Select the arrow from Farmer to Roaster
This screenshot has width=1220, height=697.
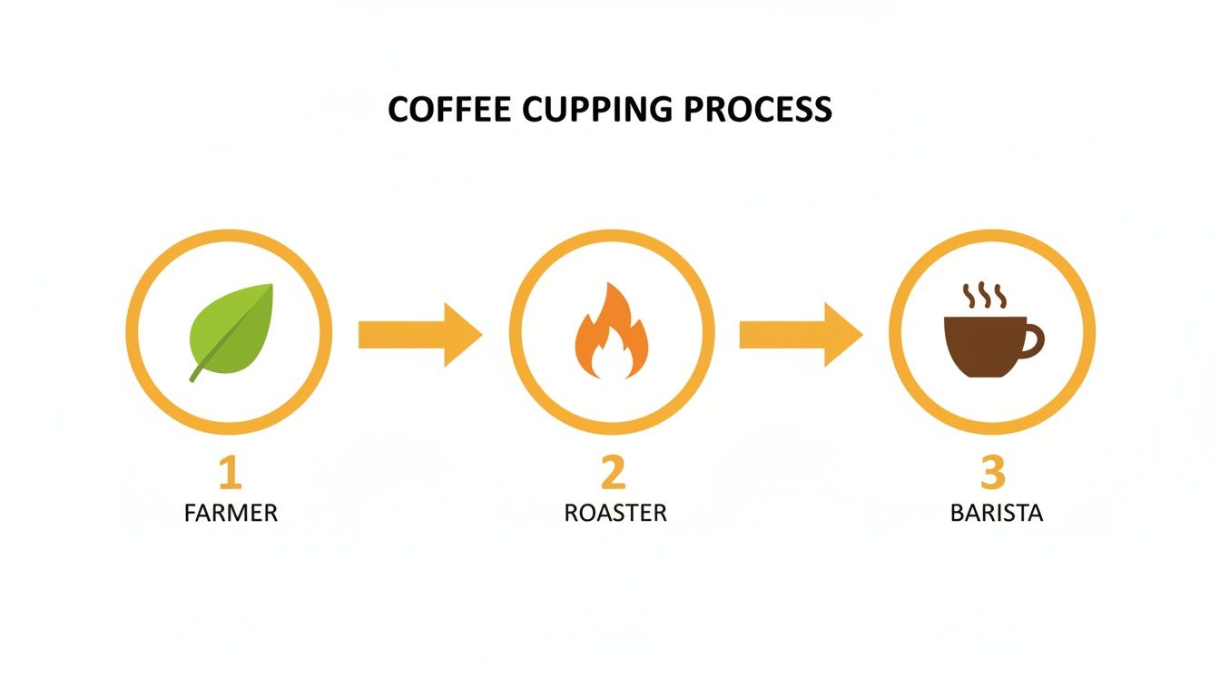click(419, 334)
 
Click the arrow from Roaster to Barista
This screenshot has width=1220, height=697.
click(800, 334)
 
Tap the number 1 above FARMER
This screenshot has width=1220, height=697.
click(230, 473)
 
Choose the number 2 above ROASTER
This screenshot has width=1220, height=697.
click(614, 473)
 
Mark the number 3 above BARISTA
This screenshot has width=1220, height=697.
click(994, 473)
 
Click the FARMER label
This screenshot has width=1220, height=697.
click(231, 513)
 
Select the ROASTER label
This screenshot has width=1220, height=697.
click(615, 513)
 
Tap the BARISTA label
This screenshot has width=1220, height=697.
click(996, 513)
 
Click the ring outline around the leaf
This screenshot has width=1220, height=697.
click(133, 332)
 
